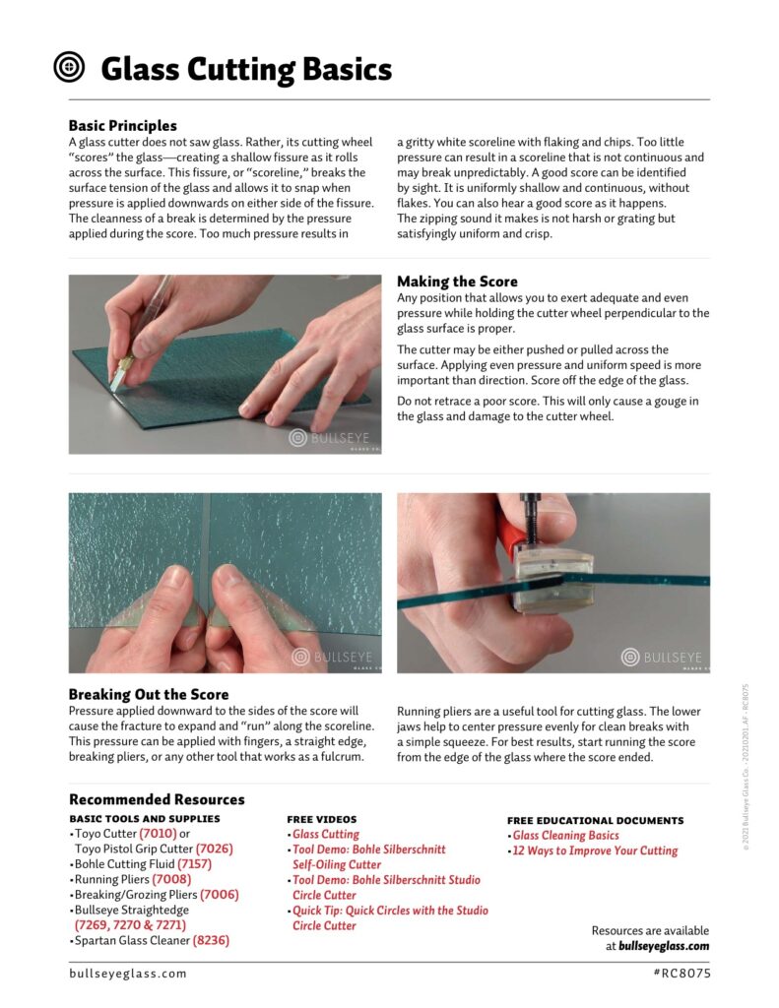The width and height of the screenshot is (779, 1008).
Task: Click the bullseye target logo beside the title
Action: tap(69, 68)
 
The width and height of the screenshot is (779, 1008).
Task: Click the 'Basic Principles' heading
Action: tap(123, 126)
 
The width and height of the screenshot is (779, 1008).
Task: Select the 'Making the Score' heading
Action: tap(456, 282)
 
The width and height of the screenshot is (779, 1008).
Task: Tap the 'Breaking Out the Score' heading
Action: tap(149, 694)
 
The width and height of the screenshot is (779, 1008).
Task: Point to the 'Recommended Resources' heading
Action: tap(157, 799)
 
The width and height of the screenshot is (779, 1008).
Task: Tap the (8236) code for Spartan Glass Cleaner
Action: tap(212, 940)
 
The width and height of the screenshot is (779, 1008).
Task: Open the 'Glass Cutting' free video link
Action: tap(326, 835)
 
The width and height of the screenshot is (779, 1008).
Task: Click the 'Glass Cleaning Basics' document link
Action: tap(566, 836)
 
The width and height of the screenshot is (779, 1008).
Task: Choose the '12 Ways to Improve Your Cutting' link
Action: tap(595, 850)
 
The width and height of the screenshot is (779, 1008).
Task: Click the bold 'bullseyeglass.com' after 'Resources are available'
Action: tap(664, 946)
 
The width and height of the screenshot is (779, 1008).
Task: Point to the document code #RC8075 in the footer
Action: tap(681, 974)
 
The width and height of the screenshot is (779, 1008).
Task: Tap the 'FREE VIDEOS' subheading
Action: tap(321, 819)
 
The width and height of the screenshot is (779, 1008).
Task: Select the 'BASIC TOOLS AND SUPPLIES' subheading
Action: tap(145, 818)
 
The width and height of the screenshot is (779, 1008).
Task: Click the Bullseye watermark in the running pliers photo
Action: tap(665, 657)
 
